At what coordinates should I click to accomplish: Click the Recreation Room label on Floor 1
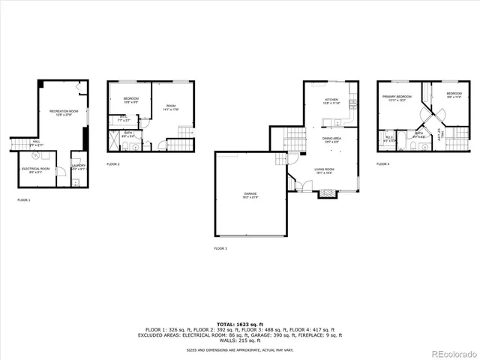tap(61, 112)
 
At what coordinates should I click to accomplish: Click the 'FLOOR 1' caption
tap(25, 200)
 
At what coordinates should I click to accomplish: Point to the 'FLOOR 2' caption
tap(113, 163)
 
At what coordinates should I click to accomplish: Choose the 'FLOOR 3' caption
tap(220, 248)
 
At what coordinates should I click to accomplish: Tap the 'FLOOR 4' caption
tap(383, 163)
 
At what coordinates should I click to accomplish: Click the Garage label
tap(250, 195)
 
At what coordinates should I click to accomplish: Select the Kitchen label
tap(331, 101)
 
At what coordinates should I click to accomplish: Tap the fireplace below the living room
tap(327, 193)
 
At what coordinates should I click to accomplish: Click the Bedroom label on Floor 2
tap(130, 100)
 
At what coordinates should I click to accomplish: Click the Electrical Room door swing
tap(44, 157)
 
